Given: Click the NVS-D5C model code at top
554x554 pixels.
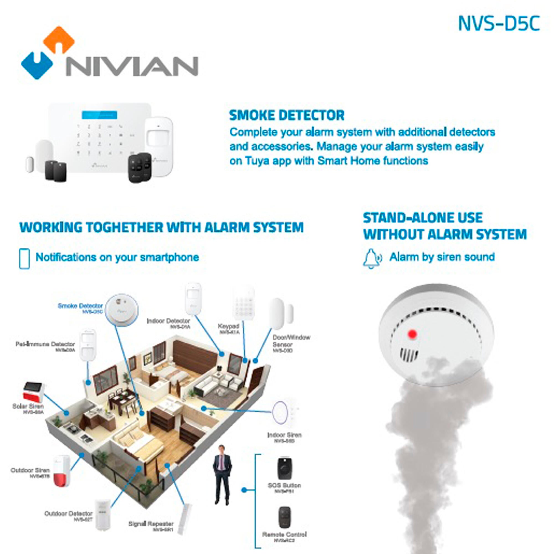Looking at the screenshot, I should point(499,24).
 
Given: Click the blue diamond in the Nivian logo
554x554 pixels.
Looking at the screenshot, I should point(37,65).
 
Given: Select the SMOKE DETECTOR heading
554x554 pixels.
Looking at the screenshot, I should point(286,115).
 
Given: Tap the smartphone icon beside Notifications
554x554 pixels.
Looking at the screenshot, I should point(24,259).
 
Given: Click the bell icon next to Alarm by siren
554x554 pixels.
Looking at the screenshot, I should point(372,258).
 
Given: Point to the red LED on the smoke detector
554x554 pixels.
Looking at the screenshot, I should point(412,334).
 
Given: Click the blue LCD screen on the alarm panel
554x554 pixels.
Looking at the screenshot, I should point(99,115).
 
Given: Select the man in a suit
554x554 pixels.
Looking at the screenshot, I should point(222,475).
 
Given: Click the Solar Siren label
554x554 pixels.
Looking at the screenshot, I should point(28,406).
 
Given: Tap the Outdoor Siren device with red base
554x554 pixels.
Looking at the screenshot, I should point(62,471).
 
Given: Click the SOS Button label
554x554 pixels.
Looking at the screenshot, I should point(284,486).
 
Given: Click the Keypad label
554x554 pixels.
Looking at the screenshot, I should point(228,326).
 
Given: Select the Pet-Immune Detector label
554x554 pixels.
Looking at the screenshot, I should point(45,344).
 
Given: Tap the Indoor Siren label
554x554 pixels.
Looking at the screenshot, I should point(284,435).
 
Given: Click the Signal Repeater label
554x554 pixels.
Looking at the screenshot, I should point(151,524).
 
